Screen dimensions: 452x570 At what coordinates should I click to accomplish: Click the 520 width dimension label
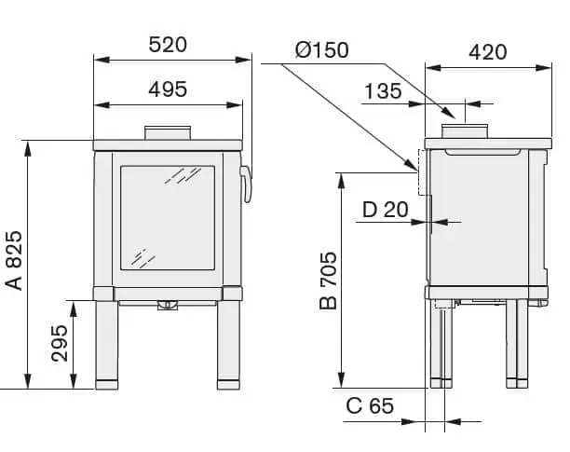[168, 44]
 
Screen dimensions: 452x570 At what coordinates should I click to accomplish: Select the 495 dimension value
[168, 89]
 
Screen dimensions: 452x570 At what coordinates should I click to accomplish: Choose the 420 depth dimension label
[488, 51]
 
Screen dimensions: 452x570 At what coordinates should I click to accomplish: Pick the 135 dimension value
[383, 90]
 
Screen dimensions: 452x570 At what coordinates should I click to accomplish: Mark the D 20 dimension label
[385, 209]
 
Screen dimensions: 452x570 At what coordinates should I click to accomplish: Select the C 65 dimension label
[370, 406]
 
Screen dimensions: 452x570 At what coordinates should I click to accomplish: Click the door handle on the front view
[247, 184]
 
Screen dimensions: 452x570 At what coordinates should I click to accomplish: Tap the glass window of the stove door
[168, 219]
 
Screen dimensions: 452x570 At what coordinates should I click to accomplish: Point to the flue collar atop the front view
[168, 133]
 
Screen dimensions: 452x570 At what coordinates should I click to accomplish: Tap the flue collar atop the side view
[464, 132]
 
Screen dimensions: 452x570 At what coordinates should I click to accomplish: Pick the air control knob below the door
[168, 305]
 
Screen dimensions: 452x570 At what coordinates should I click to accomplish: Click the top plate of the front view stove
[168, 145]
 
